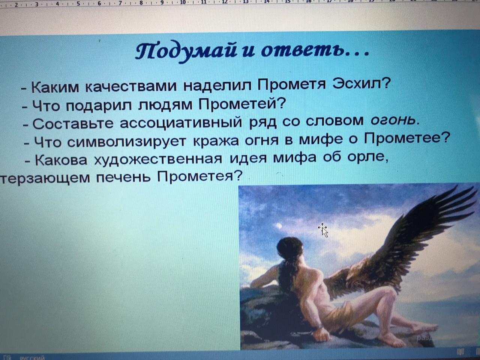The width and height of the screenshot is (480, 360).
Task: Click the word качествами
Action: pos(130,87)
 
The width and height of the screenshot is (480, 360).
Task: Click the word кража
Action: pos(216,141)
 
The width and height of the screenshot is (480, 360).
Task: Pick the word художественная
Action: pos(158,159)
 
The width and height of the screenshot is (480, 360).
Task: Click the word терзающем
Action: pos(45,177)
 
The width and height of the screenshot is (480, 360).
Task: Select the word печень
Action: pos(123,177)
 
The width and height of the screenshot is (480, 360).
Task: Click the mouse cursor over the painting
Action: pos(323,230)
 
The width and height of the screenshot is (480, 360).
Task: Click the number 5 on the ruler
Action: pos(78,3)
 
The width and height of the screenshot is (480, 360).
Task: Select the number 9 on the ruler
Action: pos(162,3)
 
